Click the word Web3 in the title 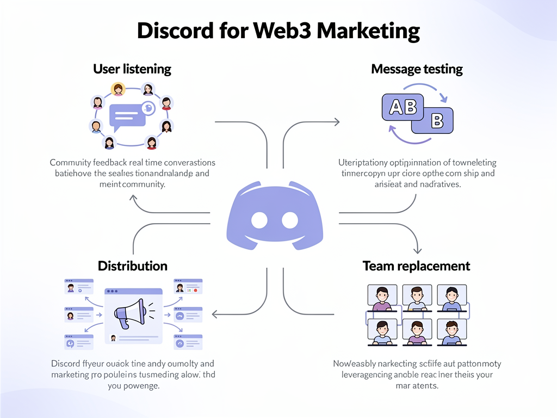point(282,31)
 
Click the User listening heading point(132,69)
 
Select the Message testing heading point(417,69)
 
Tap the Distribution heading point(132,266)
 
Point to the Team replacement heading point(416,266)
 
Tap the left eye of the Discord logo point(259,220)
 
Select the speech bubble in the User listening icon point(127,116)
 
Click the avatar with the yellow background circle point(117,89)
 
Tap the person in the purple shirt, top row point(382,298)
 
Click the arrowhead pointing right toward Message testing point(337,122)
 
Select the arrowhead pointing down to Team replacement point(417,250)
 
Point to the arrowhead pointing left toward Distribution point(215,314)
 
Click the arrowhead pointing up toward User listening point(133,198)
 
